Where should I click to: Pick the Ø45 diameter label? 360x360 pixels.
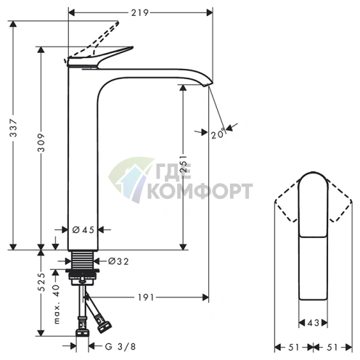pos(84,230)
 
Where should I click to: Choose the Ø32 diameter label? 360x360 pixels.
pos(118,261)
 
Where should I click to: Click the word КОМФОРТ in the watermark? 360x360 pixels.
pos(199,192)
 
